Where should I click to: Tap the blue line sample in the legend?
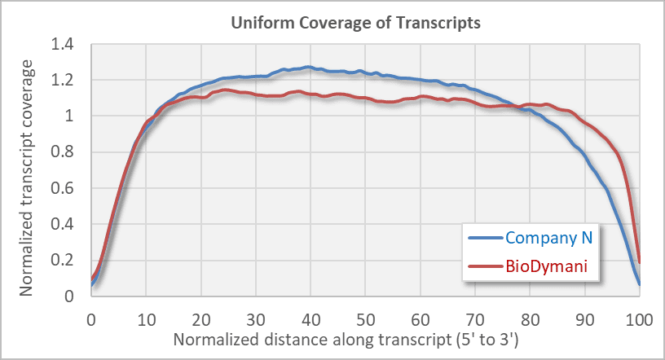(486, 238)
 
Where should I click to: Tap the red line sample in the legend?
(486, 266)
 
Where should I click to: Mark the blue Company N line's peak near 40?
(308, 67)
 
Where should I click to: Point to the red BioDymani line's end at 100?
(640, 262)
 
